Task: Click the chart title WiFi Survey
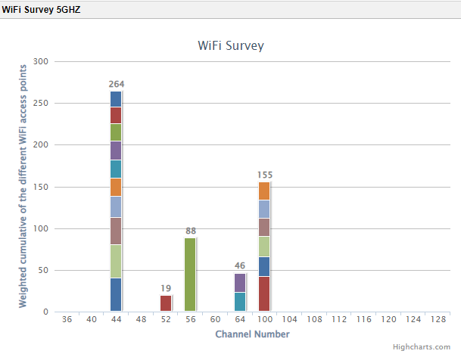230,45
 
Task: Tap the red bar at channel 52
166,303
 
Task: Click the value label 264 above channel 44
116,84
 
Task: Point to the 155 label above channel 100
264,175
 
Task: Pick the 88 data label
190,231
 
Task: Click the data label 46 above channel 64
240,265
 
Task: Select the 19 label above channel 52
166,288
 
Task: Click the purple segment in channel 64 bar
240,283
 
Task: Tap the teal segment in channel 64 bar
240,302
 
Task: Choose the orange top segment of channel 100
264,191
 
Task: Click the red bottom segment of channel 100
264,294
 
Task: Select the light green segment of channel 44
116,261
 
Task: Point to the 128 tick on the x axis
437,320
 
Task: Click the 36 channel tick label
67,320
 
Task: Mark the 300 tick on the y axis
41,61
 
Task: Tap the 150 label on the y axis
41,187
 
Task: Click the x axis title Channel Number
252,334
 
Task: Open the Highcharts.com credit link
426,346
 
